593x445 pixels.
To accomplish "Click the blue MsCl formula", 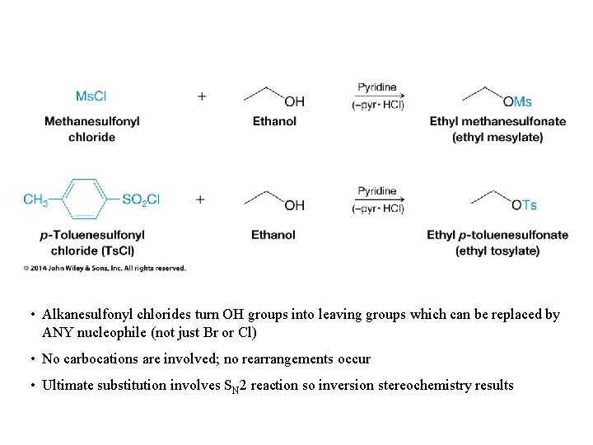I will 91,96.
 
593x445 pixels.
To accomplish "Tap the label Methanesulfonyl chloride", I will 91,129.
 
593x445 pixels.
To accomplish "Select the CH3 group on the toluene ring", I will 35,199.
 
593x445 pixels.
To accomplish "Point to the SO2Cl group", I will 141,199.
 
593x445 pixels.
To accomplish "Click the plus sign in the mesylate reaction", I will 202,96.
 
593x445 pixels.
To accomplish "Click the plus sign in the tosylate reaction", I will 202,199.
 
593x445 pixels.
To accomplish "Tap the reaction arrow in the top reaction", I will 377,96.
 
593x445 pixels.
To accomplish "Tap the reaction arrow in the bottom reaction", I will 377,199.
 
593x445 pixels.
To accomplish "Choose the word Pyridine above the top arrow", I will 377,87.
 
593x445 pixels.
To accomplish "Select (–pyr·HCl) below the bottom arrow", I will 378,208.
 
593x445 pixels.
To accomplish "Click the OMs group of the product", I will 517,101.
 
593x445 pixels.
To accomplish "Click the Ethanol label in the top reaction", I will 274,121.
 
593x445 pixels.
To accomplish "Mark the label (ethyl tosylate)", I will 497,251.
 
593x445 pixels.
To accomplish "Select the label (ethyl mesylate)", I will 497,137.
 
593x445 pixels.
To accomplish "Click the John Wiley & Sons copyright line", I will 105,268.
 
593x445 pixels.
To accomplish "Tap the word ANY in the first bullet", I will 58,333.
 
